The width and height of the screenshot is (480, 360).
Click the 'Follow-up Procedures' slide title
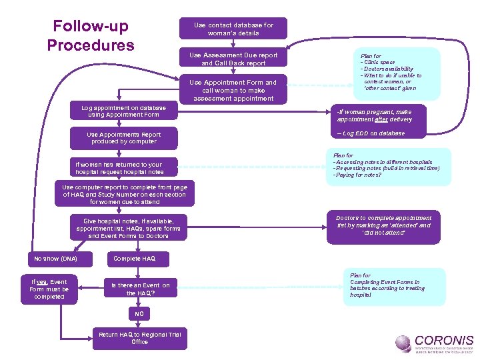pyautogui.click(x=90, y=36)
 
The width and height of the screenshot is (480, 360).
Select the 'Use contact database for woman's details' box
pyautogui.click(x=233, y=29)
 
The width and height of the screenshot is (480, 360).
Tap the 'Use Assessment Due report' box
pyautogui.click(x=233, y=59)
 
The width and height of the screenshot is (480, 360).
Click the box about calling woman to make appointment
pyautogui.click(x=233, y=91)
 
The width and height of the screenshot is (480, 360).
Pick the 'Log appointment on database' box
pyautogui.click(x=124, y=111)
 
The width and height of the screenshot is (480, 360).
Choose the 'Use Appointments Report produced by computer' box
pyautogui.click(x=124, y=138)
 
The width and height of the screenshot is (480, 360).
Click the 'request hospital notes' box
pyautogui.click(x=119, y=168)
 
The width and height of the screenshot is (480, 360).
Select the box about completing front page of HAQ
pyautogui.click(x=125, y=195)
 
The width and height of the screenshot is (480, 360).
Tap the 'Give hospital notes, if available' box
pyautogui.click(x=128, y=228)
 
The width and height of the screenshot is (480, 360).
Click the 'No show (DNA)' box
pyautogui.click(x=56, y=259)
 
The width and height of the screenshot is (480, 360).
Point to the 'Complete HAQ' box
pyautogui.click(x=134, y=259)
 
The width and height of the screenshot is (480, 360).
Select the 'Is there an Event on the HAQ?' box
pyautogui.click(x=141, y=289)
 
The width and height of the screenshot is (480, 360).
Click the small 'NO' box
pyautogui.click(x=139, y=313)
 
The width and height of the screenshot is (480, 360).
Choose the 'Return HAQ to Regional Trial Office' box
pyautogui.click(x=139, y=337)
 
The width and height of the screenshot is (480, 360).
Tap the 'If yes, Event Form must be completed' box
pyautogui.click(x=49, y=289)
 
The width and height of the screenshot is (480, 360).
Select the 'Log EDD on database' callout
pyautogui.click(x=380, y=133)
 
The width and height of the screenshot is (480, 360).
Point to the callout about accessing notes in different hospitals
pyautogui.click(x=387, y=165)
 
